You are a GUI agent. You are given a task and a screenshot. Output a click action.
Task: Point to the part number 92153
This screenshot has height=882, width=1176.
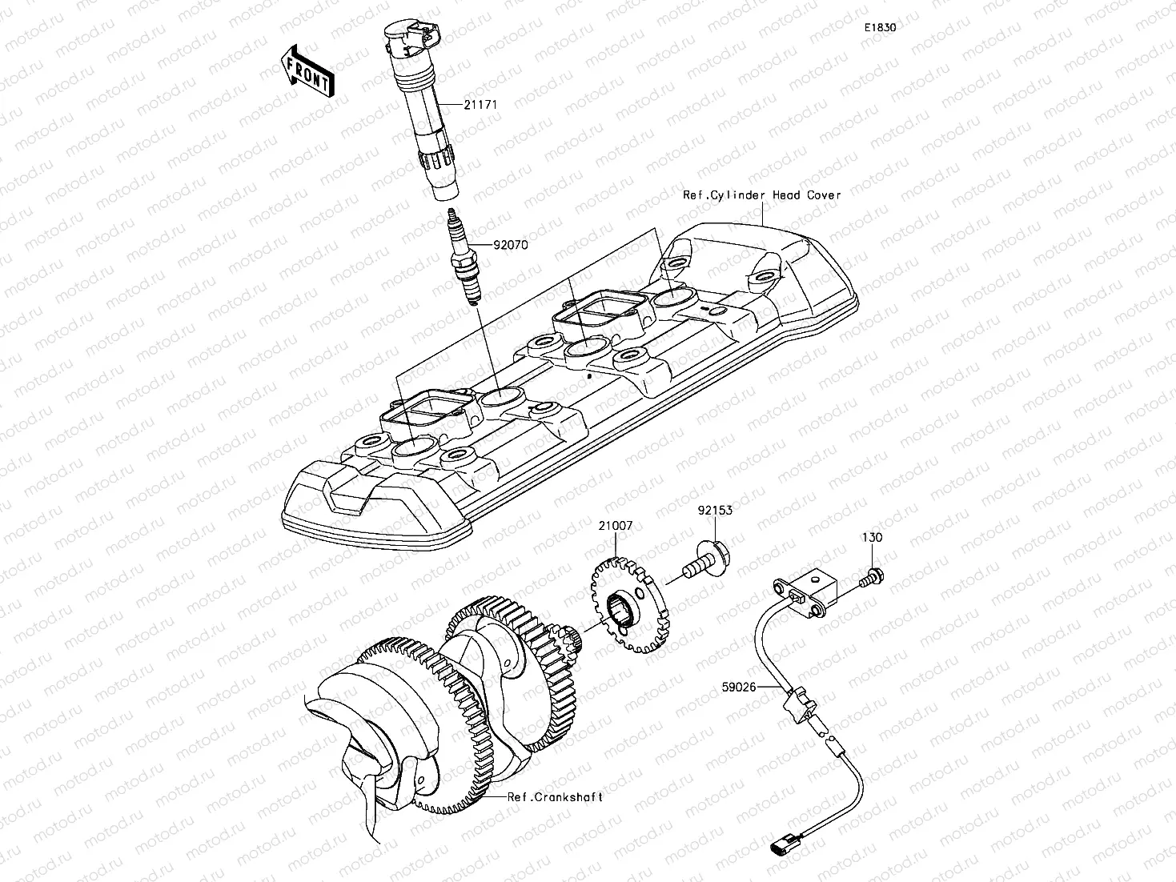tap(714, 510)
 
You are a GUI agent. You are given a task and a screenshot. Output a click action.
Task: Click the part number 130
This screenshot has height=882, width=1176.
tap(872, 538)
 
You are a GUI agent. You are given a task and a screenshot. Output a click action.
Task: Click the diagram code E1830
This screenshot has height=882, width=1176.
tap(879, 27)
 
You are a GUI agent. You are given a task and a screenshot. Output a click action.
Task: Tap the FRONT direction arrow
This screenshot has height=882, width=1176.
tap(308, 70)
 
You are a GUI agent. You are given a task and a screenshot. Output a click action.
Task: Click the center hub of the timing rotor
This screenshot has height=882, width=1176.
tap(624, 608)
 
